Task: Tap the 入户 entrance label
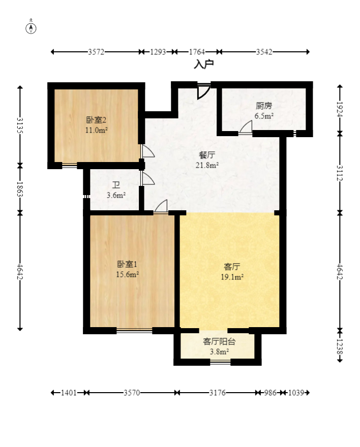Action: click(x=203, y=65)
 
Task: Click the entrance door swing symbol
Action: click(x=203, y=91)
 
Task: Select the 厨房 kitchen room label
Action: click(x=264, y=106)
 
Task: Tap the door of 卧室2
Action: click(x=147, y=152)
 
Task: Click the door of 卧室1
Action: click(x=161, y=206)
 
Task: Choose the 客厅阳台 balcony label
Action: click(x=216, y=341)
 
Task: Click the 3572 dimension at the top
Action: click(x=96, y=52)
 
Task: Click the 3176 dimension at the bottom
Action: click(x=217, y=393)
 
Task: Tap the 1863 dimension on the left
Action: click(x=20, y=188)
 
